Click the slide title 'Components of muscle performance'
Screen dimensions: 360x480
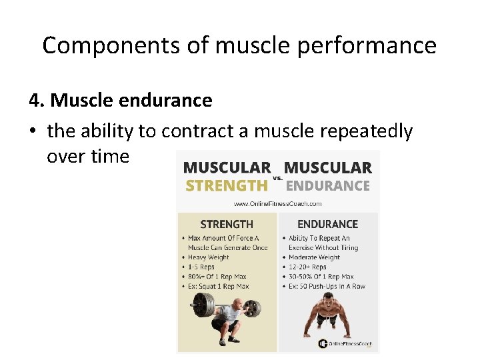239,45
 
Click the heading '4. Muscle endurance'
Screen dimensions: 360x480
121,101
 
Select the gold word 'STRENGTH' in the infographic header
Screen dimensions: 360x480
226,185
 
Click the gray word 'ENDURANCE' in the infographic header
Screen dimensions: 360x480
327,185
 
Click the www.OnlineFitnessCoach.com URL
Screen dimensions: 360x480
277,203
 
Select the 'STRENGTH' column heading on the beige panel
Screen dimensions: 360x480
227,224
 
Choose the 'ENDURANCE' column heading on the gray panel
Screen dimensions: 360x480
327,224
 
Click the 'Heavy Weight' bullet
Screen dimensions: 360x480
208,257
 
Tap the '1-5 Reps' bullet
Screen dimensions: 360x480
202,267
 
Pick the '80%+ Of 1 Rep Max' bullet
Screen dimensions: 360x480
218,277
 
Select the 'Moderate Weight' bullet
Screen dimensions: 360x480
315,257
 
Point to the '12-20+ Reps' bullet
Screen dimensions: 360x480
307,267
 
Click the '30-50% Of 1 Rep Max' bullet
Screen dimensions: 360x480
321,277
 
